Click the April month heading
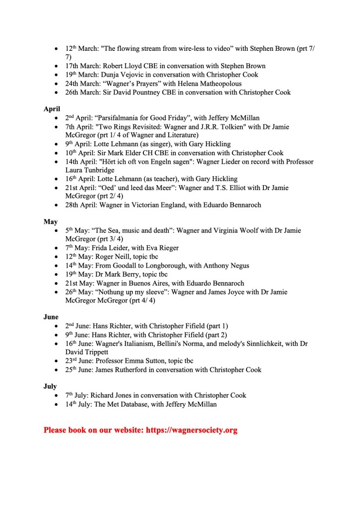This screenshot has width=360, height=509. [x=52, y=109]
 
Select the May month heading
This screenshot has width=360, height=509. [x=50, y=221]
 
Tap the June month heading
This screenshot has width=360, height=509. [x=51, y=316]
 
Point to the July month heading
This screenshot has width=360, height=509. [x=50, y=386]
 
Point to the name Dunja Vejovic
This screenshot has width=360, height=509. [x=124, y=75]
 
